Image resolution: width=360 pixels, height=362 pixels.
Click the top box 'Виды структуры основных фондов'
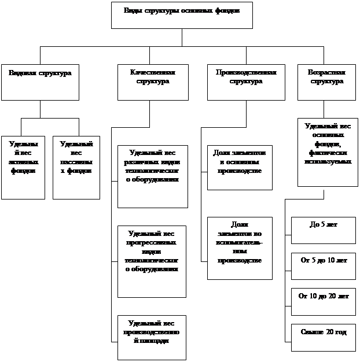(x=182, y=15)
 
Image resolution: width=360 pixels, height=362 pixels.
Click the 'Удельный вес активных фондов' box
(x=23, y=167)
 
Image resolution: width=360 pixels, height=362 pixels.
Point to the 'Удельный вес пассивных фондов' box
(x=76, y=167)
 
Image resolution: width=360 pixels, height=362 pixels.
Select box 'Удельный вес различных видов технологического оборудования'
(x=152, y=176)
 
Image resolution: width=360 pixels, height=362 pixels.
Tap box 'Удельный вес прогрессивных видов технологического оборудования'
(x=152, y=261)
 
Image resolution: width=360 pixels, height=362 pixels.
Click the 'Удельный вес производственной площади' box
(x=152, y=337)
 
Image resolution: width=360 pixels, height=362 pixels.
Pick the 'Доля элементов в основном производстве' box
(x=240, y=167)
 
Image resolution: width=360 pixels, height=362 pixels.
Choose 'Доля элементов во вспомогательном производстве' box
(x=240, y=248)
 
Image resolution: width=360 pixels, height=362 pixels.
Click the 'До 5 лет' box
(x=323, y=230)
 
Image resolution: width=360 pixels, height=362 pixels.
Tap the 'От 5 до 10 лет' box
(x=323, y=266)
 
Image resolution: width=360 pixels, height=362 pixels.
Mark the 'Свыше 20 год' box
(x=323, y=337)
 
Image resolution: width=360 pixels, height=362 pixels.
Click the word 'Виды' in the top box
(x=133, y=10)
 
